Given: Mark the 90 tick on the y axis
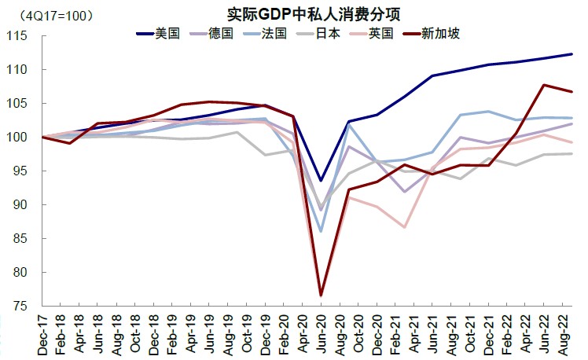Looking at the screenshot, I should click(20, 205).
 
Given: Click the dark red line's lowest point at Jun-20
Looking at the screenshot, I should click(321, 296).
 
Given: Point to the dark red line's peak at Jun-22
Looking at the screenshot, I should click(543, 85).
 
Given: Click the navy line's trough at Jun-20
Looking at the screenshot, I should click(321, 180).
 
